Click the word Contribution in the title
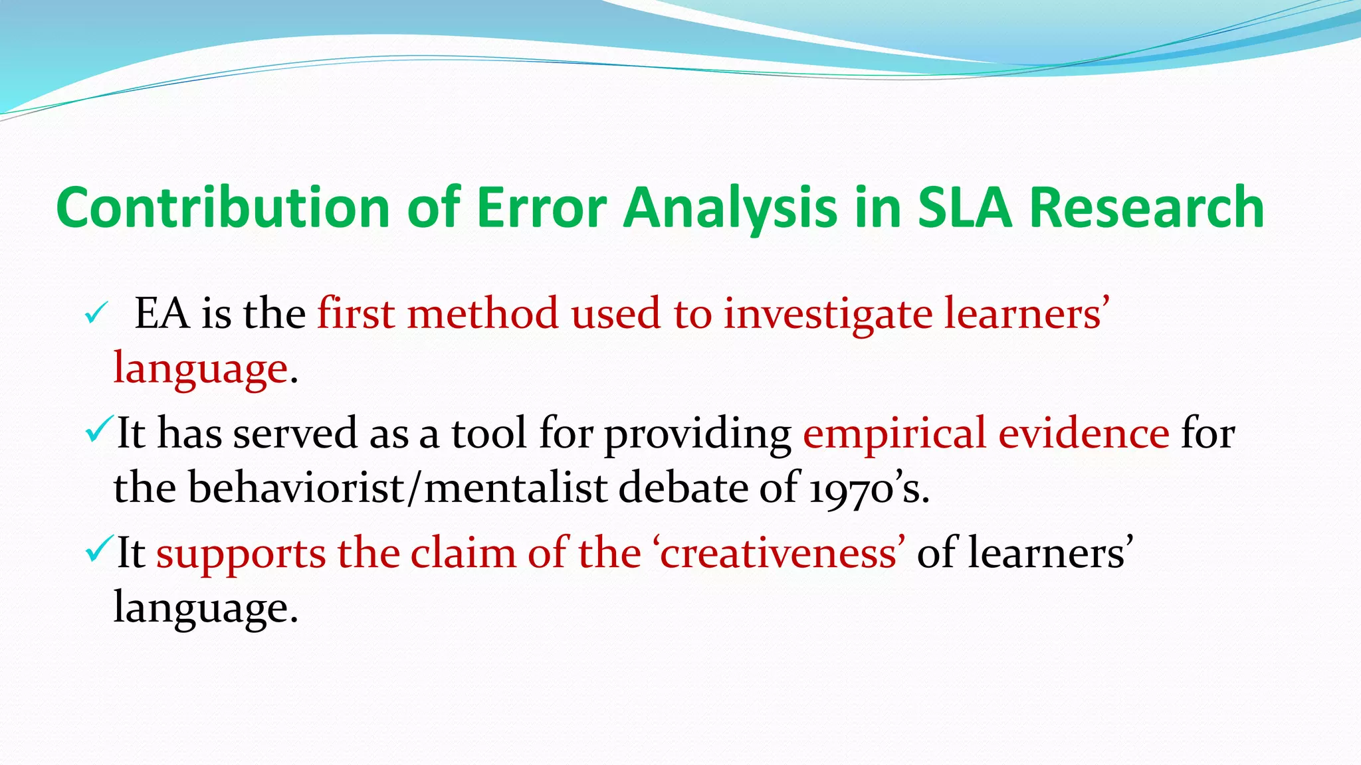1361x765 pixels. pos(223,207)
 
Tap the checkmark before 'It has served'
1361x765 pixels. pos(100,430)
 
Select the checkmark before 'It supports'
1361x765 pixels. pos(100,549)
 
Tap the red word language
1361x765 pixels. pos(200,369)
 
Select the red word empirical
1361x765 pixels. pos(894,434)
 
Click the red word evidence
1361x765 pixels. pos(1084,433)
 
